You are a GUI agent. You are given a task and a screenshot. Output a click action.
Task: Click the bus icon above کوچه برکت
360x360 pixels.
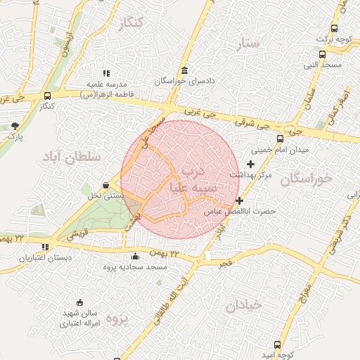point(334,29)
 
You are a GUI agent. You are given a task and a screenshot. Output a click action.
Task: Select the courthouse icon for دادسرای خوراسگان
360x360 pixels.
point(184,70)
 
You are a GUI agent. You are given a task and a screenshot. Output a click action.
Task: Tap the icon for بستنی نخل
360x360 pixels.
point(105,185)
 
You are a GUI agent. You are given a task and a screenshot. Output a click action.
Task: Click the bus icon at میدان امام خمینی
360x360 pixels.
point(281,139)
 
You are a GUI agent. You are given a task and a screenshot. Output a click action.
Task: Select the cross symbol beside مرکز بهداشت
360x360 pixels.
point(250,164)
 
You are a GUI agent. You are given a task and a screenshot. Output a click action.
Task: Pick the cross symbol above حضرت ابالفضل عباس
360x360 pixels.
point(240,200)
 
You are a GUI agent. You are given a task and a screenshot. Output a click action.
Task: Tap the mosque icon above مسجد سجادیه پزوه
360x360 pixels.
point(135,256)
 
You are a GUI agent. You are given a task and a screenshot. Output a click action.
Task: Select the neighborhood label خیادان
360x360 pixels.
point(244,305)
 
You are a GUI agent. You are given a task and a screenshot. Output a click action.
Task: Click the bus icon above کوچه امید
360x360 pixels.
point(277,345)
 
